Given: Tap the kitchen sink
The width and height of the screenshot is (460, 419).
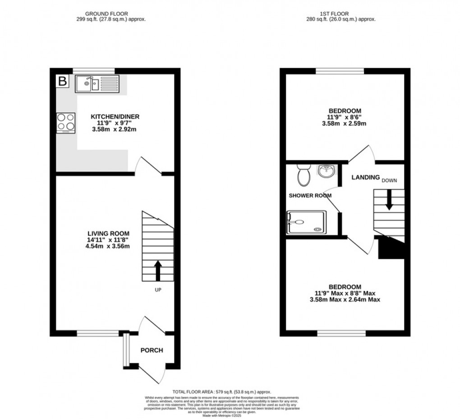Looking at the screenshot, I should click(87, 83).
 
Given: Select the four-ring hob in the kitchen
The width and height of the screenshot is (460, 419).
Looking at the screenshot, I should click(66, 123).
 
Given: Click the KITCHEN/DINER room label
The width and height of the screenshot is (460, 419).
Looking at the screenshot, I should click(115, 117).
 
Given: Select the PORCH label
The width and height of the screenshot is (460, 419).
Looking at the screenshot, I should click(152, 350).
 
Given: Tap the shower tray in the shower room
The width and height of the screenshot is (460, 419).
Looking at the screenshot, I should click(306, 222).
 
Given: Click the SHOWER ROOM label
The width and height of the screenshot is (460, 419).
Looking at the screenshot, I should click(310, 196).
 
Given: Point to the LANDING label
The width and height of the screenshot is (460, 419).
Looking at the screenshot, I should click(365, 178).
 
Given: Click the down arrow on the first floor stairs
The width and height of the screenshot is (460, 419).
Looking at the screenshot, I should click(389, 202).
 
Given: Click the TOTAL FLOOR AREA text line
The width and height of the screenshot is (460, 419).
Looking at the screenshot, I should click(223, 392).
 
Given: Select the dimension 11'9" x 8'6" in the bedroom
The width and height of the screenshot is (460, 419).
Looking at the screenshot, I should click(345, 117).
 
